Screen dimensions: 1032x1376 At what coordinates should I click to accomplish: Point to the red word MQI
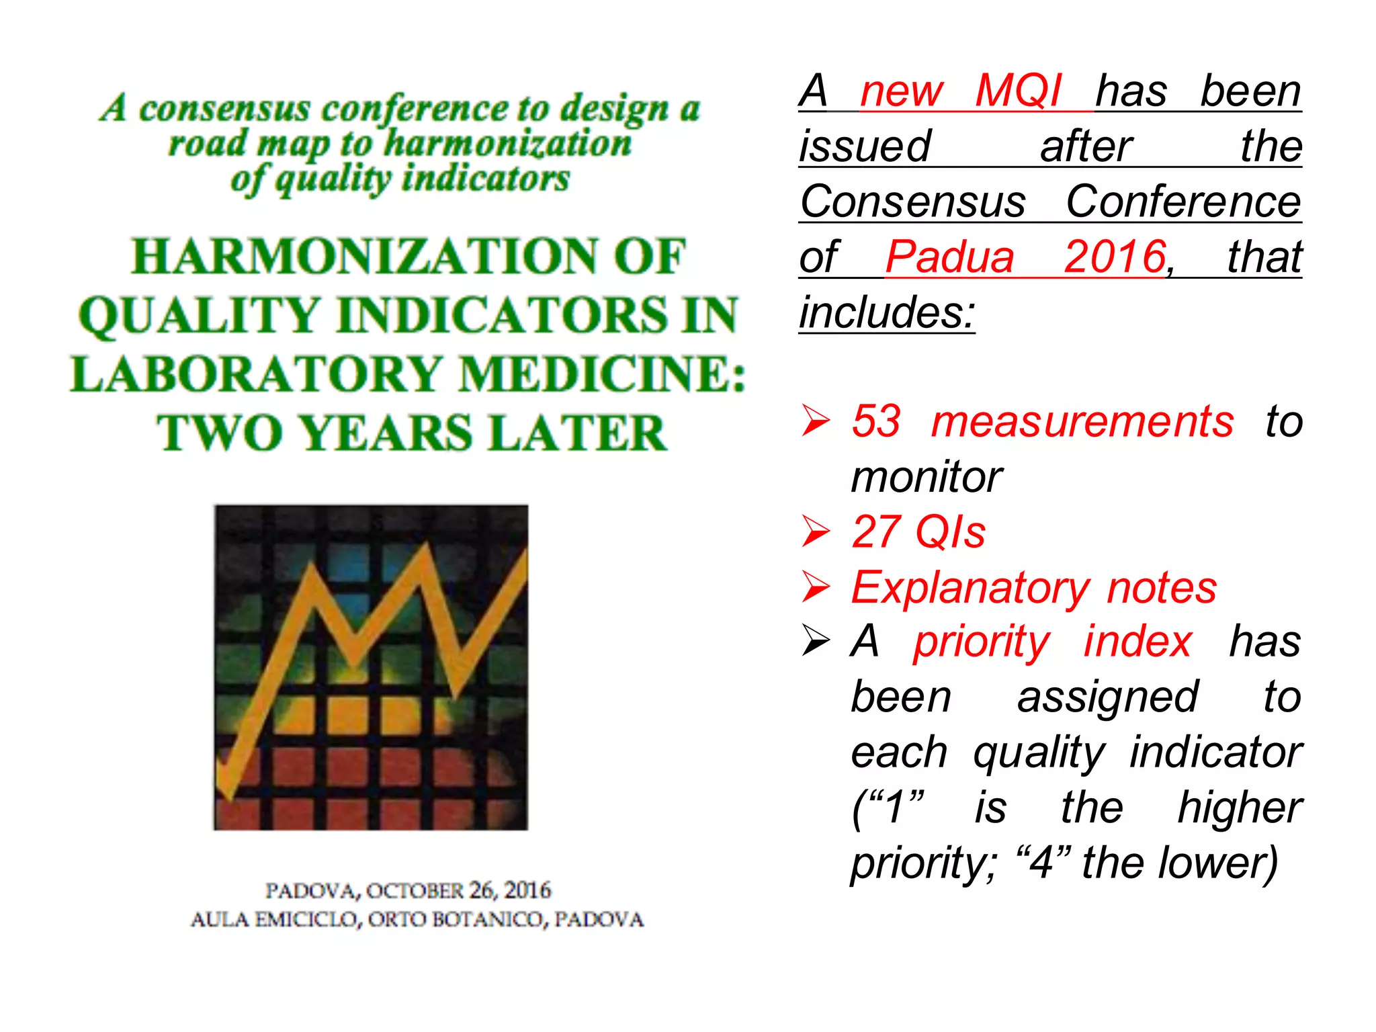(1017, 91)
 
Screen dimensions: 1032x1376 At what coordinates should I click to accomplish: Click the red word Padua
(949, 257)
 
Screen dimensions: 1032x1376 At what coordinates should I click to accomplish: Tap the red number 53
(875, 422)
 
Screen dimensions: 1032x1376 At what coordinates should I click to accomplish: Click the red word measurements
(1082, 422)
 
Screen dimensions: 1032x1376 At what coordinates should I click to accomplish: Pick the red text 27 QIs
(918, 532)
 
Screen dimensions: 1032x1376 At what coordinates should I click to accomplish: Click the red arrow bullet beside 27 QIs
(816, 531)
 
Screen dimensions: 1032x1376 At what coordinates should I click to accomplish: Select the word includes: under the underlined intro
(887, 313)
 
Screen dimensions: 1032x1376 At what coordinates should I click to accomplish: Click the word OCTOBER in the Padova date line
(415, 891)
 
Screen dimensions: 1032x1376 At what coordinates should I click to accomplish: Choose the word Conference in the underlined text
(1183, 202)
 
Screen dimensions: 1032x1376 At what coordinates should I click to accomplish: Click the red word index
(1137, 642)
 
